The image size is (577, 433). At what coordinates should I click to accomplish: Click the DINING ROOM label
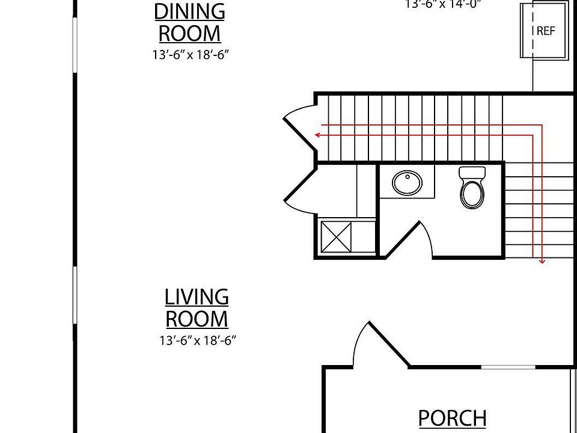coord(189,22)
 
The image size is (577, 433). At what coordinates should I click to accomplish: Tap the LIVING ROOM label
coord(197,307)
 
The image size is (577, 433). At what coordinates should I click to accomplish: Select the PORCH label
coord(452,418)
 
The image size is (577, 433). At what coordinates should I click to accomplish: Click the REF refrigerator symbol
coord(545,31)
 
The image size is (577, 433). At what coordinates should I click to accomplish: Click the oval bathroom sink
coord(407,183)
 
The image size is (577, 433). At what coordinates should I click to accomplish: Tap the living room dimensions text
coord(197,340)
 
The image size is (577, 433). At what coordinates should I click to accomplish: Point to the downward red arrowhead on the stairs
coord(542,261)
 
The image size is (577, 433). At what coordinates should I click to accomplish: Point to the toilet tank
coord(472,173)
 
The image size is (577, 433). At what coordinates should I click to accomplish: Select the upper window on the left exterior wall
coord(75,45)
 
